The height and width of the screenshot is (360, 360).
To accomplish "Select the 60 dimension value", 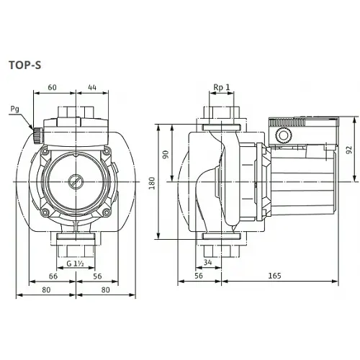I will (x=52, y=86).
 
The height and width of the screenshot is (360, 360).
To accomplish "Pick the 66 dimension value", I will (x=52, y=275).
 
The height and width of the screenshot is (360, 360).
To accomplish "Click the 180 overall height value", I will (x=152, y=184).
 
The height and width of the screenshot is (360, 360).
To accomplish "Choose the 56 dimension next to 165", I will (x=199, y=275).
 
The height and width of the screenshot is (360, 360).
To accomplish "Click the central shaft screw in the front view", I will (x=74, y=182).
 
